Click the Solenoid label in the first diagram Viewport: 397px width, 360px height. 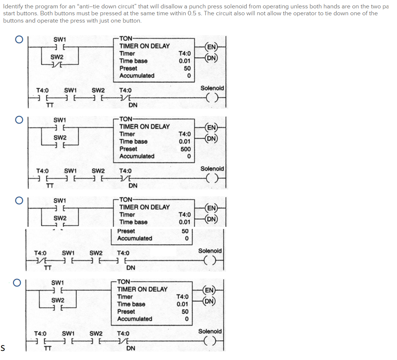[212, 88]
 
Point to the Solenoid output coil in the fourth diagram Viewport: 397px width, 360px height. [211, 341]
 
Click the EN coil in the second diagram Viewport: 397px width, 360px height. [211, 127]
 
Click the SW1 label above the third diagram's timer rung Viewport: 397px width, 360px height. [60, 200]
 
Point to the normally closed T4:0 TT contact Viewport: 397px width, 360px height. [40, 261]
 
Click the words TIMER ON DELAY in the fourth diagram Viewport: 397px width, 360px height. [142, 289]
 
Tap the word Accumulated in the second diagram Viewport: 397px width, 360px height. [137, 156]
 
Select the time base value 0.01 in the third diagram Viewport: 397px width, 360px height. [185, 222]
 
